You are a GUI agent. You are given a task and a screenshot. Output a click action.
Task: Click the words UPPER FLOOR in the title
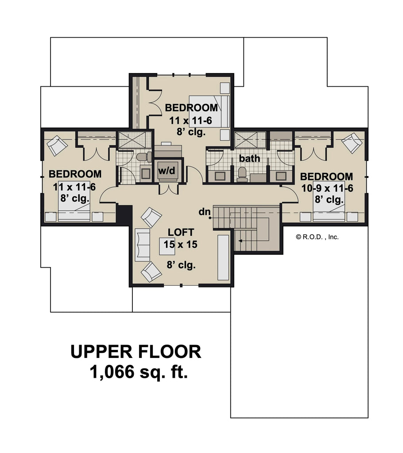(136, 352)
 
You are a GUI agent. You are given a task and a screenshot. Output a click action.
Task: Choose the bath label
(249, 158)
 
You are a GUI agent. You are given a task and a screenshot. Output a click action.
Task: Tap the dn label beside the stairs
(204, 212)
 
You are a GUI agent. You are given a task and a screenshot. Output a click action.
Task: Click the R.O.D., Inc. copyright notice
(317, 237)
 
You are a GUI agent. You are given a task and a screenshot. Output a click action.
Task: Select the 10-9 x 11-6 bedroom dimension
(328, 189)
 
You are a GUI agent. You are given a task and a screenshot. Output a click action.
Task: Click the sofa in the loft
(143, 245)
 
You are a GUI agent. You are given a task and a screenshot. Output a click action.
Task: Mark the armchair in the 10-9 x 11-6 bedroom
(352, 142)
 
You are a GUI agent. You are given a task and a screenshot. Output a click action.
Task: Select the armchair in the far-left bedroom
(57, 145)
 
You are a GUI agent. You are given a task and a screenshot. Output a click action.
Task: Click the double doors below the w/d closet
(169, 188)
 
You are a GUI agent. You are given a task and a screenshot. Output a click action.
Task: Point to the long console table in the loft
(223, 257)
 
